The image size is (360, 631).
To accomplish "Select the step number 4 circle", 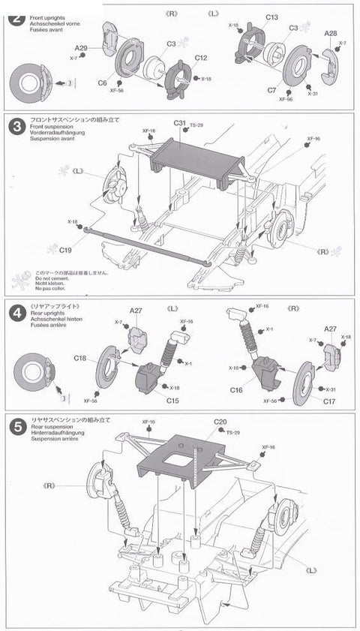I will click(13, 314).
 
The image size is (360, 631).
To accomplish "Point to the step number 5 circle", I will click(13, 425).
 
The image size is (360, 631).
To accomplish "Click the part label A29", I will click(82, 48).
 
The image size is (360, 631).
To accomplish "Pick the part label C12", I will click(201, 58).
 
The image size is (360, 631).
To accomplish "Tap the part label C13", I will click(271, 17).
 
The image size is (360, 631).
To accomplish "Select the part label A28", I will click(331, 34).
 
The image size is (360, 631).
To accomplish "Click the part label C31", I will click(180, 122).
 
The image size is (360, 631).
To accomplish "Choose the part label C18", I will click(82, 358).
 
